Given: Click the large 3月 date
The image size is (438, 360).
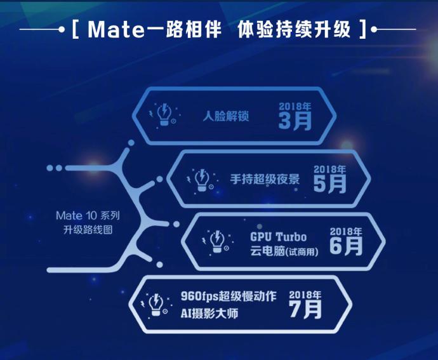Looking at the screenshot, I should (295, 121).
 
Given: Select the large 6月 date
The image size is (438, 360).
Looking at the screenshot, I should (346, 246).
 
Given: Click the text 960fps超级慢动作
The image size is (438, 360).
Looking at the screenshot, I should (229, 297).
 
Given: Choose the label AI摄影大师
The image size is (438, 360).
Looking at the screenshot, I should (209, 312).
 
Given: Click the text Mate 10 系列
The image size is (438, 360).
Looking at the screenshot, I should (88, 216).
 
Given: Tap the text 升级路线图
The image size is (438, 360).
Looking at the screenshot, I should (88, 230).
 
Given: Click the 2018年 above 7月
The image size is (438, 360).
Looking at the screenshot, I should (305, 295).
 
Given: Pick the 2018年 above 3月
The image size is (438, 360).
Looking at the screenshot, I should (295, 105).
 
